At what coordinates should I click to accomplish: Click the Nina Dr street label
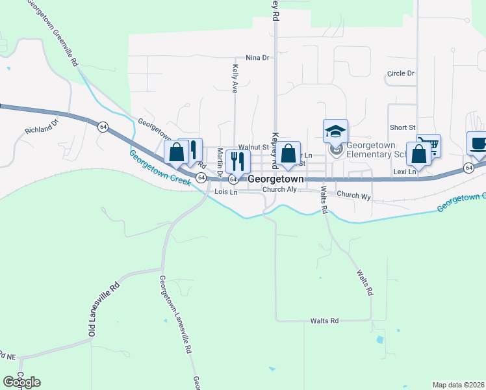point(257,58)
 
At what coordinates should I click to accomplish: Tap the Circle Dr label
point(400,73)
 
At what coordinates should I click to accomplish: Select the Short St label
point(402,127)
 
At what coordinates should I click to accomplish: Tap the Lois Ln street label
point(227,192)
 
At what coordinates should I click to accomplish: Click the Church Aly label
point(279,190)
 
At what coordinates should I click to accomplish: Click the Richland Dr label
point(42,125)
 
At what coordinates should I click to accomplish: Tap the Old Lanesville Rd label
point(105,309)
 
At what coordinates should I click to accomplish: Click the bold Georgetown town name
point(276,178)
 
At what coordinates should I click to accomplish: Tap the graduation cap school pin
point(336,131)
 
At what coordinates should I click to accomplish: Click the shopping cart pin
point(428,145)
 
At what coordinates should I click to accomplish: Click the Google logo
point(21,382)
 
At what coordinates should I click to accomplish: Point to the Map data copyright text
point(458,385)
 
